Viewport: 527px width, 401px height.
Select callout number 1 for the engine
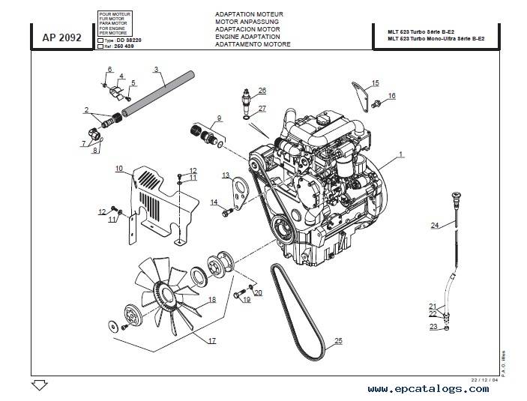click(401, 154)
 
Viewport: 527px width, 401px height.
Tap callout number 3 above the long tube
click(156, 70)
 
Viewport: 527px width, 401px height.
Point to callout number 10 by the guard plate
click(118, 169)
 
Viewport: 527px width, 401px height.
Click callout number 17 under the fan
click(212, 341)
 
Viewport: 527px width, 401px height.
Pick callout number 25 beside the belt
click(338, 341)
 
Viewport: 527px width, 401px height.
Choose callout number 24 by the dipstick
click(434, 225)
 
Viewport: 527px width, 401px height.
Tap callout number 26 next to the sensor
click(262, 90)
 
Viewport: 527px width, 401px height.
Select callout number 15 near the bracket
click(376, 82)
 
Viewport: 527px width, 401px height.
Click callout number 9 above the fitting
click(219, 118)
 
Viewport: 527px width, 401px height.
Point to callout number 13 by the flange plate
click(225, 175)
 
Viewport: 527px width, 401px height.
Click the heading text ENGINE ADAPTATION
click(247, 36)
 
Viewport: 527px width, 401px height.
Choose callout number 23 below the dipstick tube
click(433, 326)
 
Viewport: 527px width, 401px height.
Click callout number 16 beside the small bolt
click(391, 96)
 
